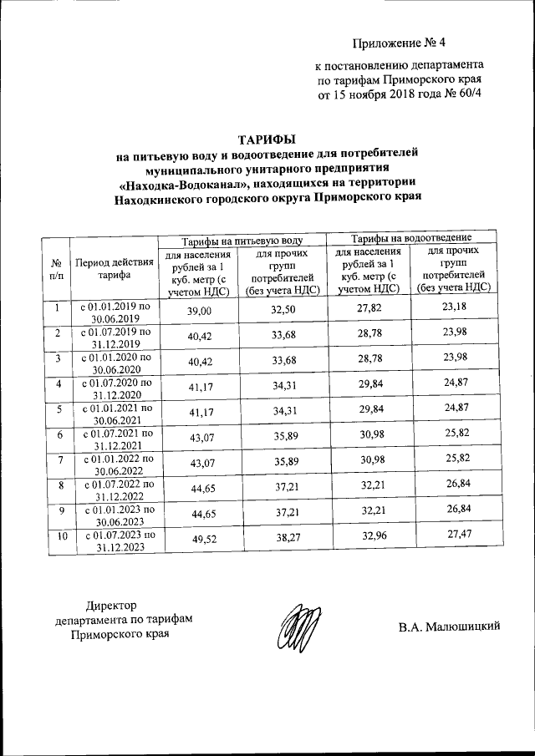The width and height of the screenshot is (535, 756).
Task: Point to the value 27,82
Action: (368, 311)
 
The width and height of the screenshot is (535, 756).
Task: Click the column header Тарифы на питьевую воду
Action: (241, 239)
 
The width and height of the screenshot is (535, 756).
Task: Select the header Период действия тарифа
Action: (115, 267)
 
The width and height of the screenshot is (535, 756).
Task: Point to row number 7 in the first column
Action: (57, 460)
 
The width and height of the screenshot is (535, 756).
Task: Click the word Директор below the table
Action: (111, 606)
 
